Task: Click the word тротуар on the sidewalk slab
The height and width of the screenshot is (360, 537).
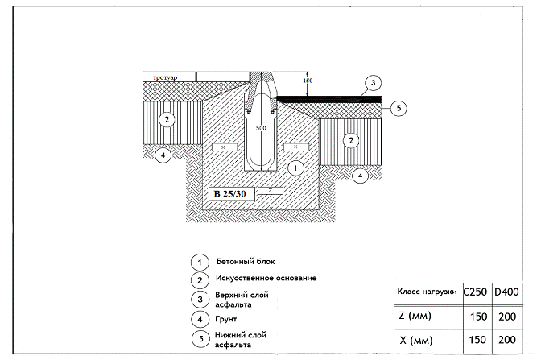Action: coord(165,77)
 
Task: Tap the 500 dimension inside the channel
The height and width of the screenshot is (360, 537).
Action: coord(261,128)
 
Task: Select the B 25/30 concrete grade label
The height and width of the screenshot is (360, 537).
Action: coord(230,194)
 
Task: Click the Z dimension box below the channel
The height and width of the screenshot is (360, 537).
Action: coord(271,191)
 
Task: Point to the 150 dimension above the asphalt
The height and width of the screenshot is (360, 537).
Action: coord(308,81)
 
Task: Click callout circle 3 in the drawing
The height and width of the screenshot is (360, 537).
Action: coord(374,82)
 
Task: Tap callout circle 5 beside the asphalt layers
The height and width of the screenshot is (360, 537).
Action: coord(399,108)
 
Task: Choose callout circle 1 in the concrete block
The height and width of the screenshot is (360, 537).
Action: coord(295,168)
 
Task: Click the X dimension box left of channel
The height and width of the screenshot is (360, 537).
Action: coord(225,147)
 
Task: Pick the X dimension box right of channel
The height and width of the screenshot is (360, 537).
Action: coord(295,147)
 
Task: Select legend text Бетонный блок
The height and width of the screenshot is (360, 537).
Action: coord(246,262)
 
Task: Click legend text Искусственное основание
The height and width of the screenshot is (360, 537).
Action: coord(266,278)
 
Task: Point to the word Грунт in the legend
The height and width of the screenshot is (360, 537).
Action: coord(226,319)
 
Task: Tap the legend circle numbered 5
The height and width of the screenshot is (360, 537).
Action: coord(200,339)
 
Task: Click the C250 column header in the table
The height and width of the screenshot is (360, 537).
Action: coord(475,292)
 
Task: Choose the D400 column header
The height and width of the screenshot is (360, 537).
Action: coord(507,292)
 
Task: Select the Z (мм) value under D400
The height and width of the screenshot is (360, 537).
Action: coord(507,317)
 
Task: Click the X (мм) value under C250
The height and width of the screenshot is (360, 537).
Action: coord(477,340)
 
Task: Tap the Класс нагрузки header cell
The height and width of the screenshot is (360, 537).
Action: coord(427,292)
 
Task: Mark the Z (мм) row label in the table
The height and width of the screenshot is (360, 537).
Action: coord(415,316)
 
